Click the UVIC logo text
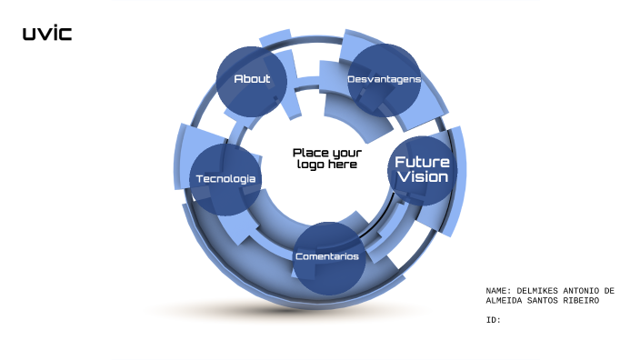[46, 35]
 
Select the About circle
[252, 79]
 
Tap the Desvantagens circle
[384, 80]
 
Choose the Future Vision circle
[421, 169]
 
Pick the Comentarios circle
[326, 257]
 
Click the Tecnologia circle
[225, 179]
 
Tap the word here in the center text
[343, 165]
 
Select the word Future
[422, 161]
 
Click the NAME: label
[499, 291]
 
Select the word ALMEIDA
[505, 300]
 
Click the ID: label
[494, 319]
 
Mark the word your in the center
[346, 153]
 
